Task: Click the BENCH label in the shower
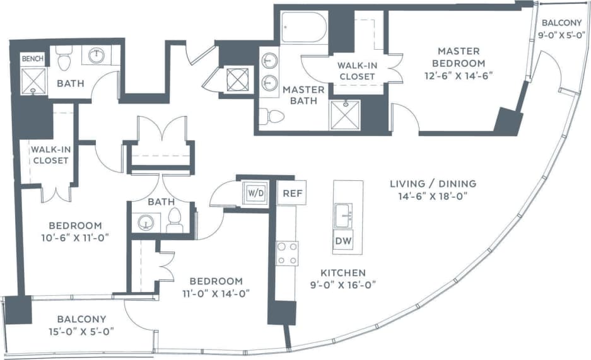[33, 59]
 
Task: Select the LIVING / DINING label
[432, 183]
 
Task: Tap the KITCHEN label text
[343, 273]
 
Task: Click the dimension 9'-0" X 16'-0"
[343, 284]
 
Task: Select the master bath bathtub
[303, 27]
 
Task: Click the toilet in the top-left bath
[64, 60]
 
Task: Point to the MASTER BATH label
[303, 95]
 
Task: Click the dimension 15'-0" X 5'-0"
[82, 330]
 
